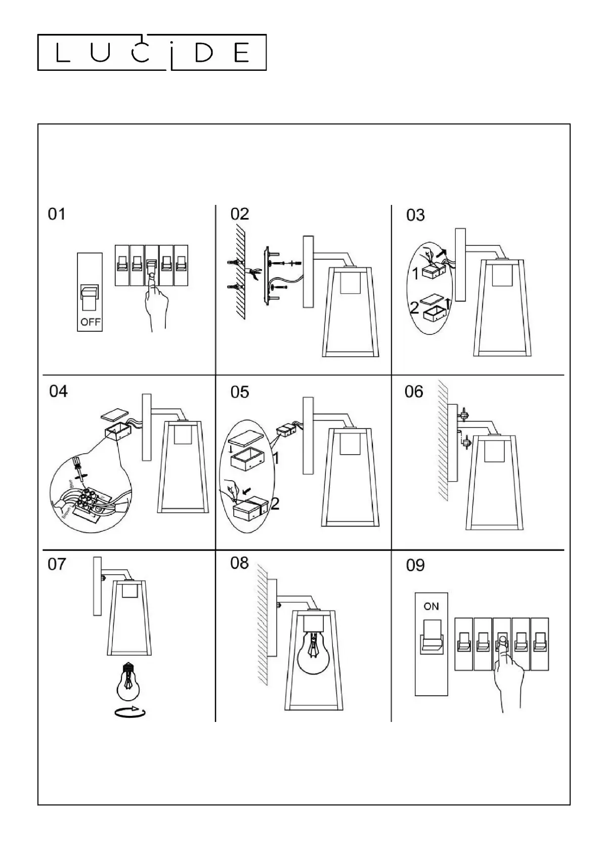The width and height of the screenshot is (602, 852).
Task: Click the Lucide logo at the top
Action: tap(152, 52)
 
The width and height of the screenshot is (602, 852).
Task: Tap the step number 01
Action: tap(57, 214)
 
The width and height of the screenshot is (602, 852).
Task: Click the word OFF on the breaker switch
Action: tap(90, 322)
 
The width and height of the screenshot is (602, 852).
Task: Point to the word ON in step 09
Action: tap(431, 606)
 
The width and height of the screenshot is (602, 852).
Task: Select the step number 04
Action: tap(58, 391)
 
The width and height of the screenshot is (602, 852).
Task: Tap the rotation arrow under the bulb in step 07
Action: tap(130, 712)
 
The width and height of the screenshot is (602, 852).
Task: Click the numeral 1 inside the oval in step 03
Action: tap(415, 274)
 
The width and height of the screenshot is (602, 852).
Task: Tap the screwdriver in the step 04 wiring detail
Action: tap(78, 467)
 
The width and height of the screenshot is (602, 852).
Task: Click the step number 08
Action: tap(239, 563)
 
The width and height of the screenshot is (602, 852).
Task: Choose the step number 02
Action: tap(240, 214)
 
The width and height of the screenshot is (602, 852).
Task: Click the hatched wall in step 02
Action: tap(238, 273)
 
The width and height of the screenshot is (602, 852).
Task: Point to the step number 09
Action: tap(415, 565)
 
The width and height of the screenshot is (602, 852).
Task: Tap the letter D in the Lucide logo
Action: tap(204, 52)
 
